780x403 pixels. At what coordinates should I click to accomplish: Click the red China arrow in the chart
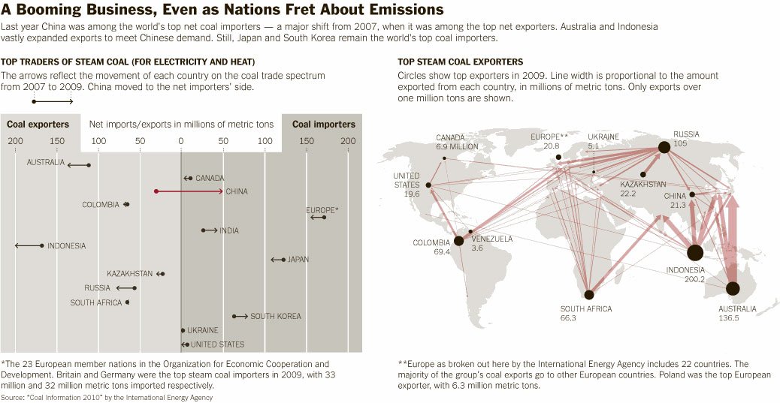tap(189, 191)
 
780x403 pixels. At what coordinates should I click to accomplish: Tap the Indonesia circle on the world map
tap(695, 253)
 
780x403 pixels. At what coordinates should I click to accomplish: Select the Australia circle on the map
tap(733, 288)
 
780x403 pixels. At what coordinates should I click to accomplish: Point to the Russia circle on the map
tap(664, 147)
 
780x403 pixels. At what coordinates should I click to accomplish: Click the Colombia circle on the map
tap(458, 241)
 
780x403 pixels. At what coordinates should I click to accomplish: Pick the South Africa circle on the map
tap(589, 295)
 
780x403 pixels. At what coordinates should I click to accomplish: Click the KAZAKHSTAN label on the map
tap(643, 184)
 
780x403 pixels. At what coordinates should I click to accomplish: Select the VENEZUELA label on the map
tap(492, 239)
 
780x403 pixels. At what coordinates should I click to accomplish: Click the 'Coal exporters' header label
tap(38, 125)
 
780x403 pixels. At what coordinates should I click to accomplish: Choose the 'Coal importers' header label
tap(323, 125)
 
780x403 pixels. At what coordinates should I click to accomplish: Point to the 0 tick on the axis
tap(180, 141)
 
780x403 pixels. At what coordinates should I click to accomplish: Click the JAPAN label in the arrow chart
tap(298, 260)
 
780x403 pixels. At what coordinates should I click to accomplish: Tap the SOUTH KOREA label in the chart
tap(276, 317)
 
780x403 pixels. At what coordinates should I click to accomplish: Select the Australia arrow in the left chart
tap(78, 164)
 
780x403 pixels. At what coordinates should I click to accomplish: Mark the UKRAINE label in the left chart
tap(203, 330)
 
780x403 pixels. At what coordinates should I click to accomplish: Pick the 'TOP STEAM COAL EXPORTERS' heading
tap(460, 62)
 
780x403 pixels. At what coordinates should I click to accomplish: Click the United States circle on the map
tap(428, 185)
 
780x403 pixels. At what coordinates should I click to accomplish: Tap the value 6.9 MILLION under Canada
tap(457, 147)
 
